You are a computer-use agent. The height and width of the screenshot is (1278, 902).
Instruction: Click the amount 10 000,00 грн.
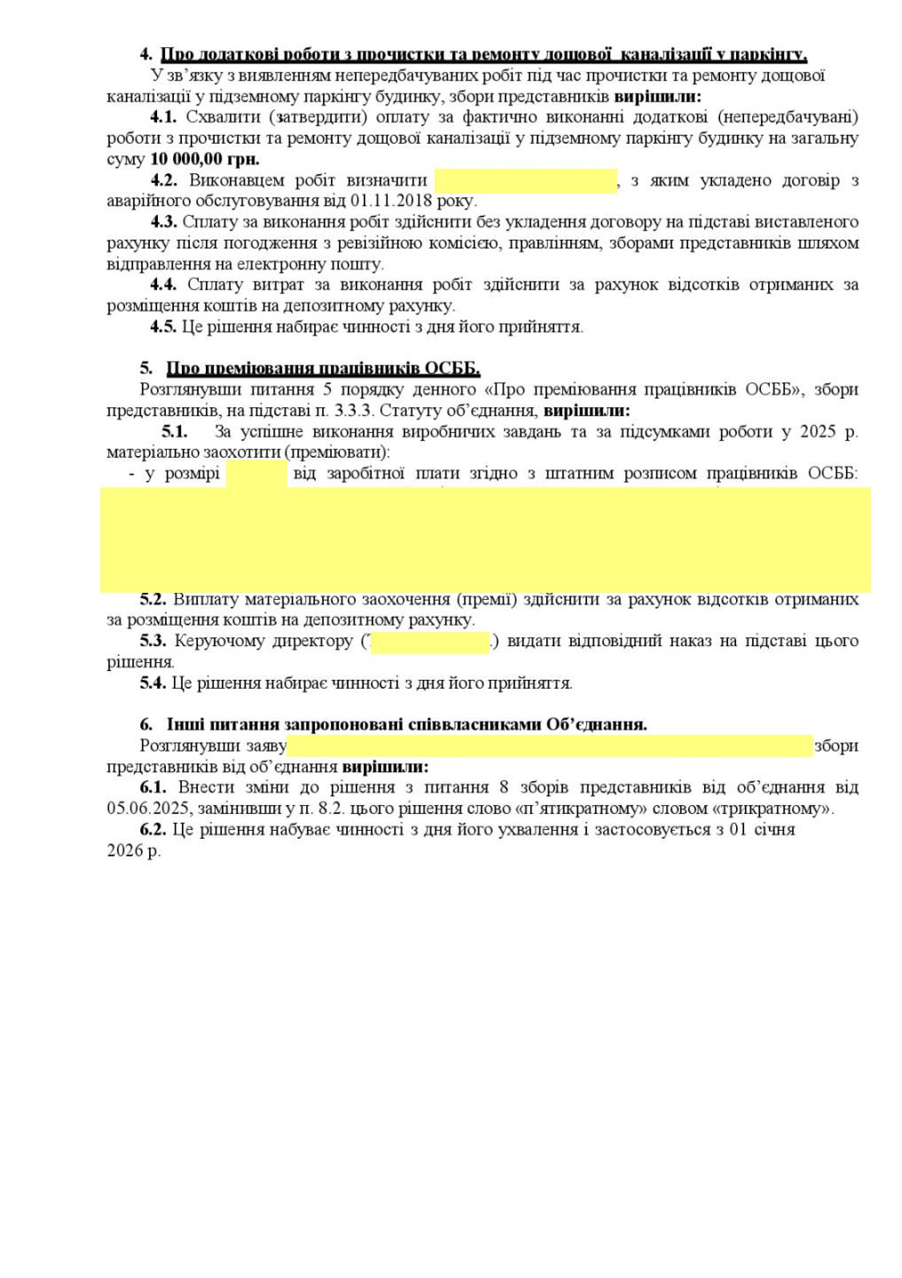205,160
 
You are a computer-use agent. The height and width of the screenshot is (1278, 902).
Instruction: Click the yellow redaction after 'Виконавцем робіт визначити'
525,181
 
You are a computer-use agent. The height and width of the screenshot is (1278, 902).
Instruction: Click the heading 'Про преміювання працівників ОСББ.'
323,368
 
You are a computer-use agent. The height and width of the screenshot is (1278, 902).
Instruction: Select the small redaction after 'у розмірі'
256,474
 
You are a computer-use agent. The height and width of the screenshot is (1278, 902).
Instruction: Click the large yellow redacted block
484,539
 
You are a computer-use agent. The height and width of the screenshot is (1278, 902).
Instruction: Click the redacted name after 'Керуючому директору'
429,642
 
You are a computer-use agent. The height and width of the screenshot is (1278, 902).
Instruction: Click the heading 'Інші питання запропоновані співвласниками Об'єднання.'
406,724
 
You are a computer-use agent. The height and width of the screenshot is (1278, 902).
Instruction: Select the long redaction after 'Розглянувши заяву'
550,745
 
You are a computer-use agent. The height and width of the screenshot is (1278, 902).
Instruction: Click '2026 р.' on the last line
134,851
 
